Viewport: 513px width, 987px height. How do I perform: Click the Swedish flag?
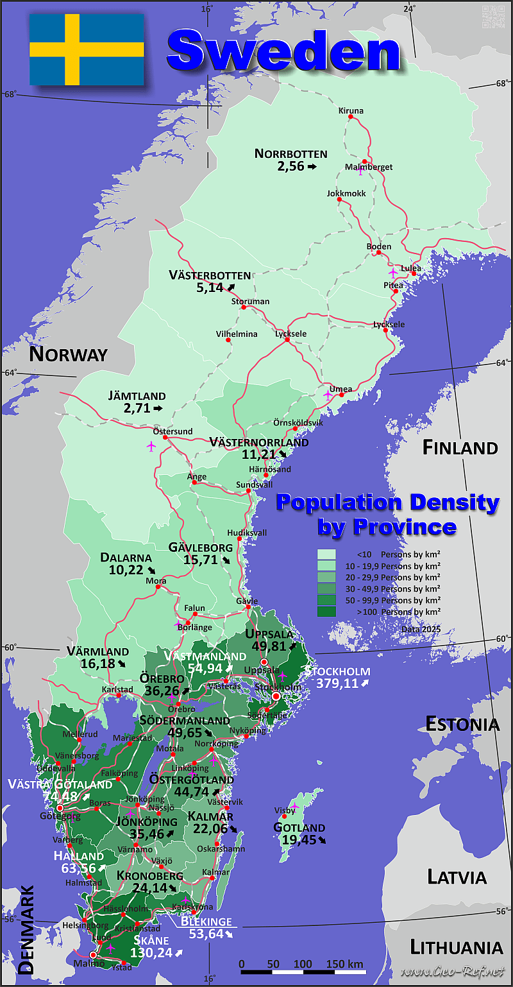[87, 50]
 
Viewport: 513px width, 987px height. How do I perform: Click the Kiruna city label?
[351, 111]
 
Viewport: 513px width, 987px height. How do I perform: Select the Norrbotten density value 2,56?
[290, 166]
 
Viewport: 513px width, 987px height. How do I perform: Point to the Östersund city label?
[172, 431]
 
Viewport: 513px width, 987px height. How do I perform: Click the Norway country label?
[68, 354]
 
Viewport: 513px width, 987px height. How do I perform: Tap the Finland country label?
[460, 448]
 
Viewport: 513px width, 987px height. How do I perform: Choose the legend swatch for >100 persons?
[326, 612]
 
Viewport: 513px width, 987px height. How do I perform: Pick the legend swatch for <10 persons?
[326, 554]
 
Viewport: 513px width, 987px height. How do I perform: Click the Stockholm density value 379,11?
[337, 683]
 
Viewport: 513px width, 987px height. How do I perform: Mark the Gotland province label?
[299, 828]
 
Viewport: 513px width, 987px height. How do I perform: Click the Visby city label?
[285, 811]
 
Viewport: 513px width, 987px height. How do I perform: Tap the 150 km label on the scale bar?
[344, 964]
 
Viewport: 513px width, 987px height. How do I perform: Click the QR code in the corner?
[492, 15]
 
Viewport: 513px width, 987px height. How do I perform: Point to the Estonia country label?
[462, 725]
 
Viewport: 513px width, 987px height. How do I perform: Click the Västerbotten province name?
[210, 275]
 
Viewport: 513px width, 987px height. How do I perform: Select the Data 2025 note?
[421, 629]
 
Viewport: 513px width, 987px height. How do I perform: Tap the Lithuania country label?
[456, 947]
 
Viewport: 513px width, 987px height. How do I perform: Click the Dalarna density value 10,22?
[122, 569]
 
